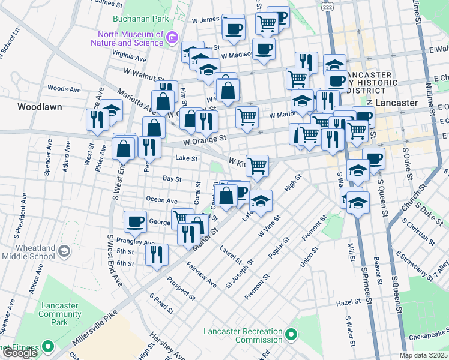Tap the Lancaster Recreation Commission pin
click(292, 334)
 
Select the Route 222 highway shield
click(327, 5)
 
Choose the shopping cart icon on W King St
click(257, 165)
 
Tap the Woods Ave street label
click(64, 89)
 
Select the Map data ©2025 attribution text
click(423, 355)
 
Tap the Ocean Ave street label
click(161, 200)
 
